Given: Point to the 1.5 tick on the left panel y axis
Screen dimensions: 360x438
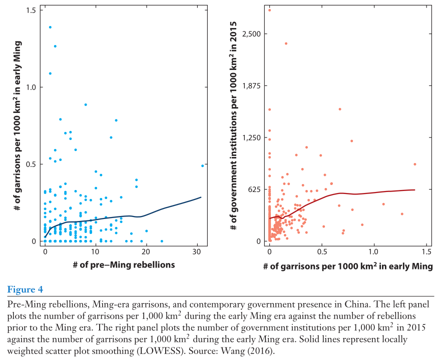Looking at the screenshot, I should point(32,10).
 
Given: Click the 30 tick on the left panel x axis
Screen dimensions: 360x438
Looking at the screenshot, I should point(197,250).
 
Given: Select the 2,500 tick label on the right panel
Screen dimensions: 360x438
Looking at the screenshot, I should point(254,34).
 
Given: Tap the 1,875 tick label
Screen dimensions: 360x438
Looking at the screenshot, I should point(254,85).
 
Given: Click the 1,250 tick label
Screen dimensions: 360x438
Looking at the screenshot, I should point(254,137).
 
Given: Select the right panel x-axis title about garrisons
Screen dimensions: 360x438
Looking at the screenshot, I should point(348,266).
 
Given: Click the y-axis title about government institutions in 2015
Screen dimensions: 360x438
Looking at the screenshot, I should point(233,125).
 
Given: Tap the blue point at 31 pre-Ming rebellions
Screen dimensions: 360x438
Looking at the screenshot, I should point(202,165).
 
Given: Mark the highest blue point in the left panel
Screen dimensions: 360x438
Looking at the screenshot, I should point(50,27).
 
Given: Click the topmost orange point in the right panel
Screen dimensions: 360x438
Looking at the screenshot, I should point(270,10).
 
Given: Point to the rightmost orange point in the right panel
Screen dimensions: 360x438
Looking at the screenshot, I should point(415,164).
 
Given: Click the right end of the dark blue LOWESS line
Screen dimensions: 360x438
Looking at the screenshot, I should point(201,197).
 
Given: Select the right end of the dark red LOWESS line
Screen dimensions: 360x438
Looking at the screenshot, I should point(415,189).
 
